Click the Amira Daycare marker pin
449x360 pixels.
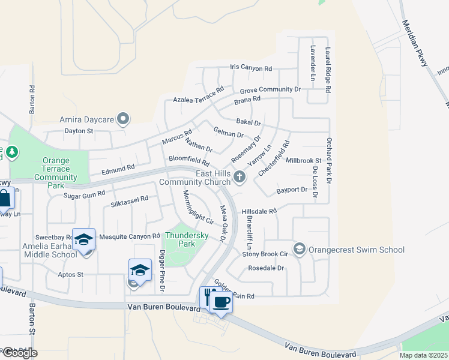pos(123,119)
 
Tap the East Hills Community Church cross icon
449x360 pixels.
pos(240,176)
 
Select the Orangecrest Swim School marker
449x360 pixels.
pos(299,248)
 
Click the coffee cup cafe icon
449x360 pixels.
pos(221,301)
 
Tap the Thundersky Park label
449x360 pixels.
pos(187,239)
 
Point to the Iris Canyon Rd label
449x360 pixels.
pos(251,68)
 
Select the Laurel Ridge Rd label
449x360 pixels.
pos(328,70)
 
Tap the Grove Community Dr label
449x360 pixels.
pos(270,89)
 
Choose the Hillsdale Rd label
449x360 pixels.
pos(259,211)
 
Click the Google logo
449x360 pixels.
pos(19,353)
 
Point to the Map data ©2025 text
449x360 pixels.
pos(424,355)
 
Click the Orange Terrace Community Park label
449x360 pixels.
pos(56,173)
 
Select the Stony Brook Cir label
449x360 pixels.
pos(265,254)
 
